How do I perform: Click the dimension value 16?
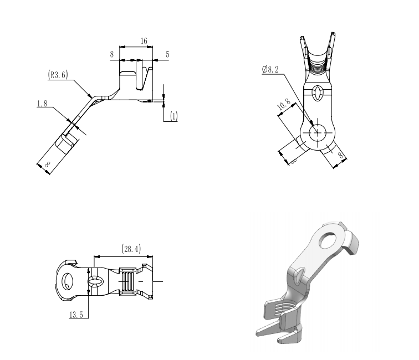144,41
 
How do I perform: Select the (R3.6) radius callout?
58,75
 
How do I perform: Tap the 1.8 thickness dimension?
42,104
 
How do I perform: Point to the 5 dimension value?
167,54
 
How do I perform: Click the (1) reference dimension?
174,116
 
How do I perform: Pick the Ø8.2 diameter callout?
270,70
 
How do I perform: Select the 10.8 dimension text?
284,104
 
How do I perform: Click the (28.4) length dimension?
131,249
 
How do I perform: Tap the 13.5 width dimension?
76,315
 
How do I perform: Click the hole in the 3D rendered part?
328,240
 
